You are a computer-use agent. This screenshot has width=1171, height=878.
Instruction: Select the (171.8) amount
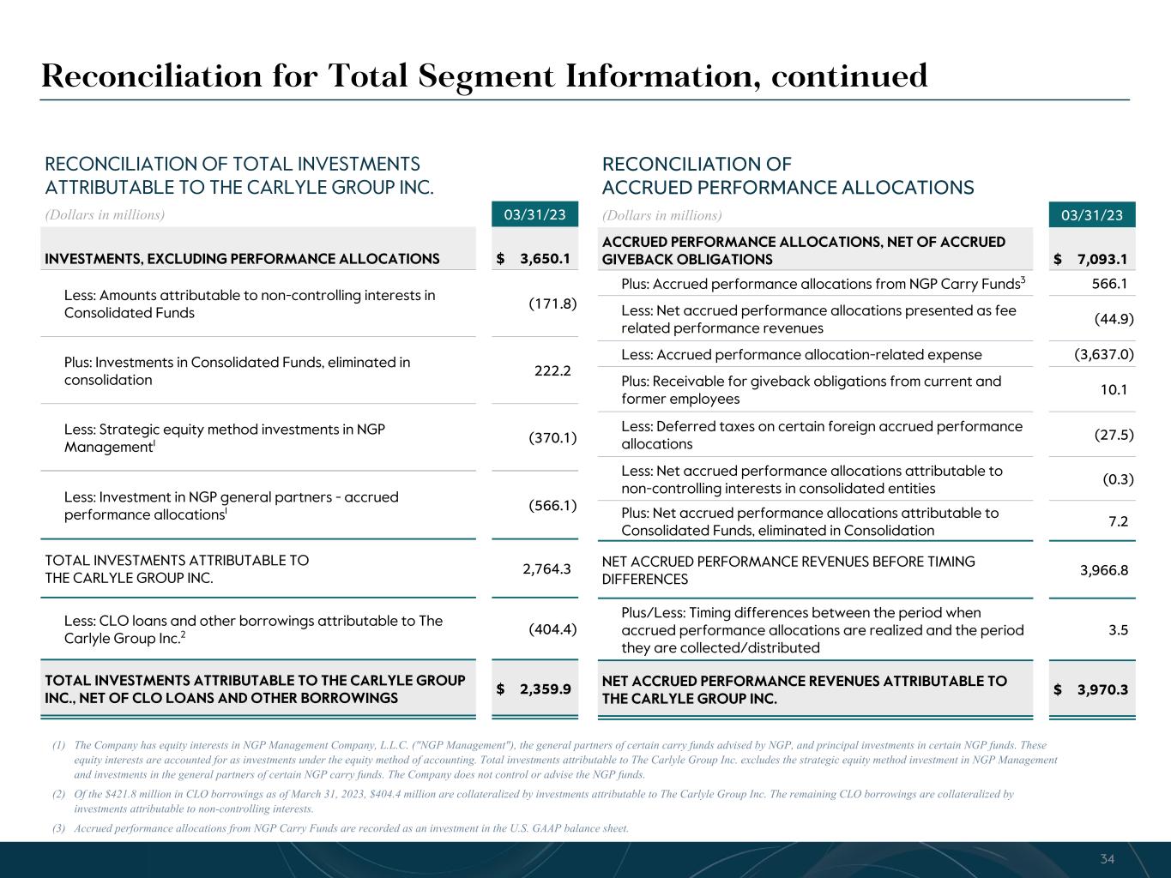552,304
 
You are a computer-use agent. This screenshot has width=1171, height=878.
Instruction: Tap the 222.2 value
552,371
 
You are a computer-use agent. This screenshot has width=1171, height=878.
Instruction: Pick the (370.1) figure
552,438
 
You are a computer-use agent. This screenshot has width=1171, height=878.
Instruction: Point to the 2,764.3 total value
546,568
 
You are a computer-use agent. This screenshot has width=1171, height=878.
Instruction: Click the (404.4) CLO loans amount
552,629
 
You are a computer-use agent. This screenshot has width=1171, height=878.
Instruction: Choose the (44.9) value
1114,319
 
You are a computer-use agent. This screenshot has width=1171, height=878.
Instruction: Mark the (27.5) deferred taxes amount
1114,435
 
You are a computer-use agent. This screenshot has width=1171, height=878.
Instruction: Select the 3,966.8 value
1104,570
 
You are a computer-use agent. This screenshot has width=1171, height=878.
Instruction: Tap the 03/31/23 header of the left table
534,214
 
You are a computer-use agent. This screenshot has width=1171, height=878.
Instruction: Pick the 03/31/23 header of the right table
1092,215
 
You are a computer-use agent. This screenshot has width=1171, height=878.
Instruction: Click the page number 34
1108,859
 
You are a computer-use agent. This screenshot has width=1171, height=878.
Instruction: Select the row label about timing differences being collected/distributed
822,630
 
